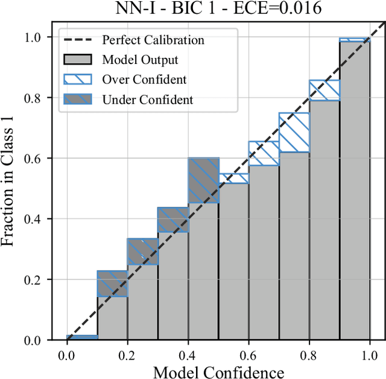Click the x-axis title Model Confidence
point(218,371)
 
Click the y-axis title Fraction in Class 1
point(8,181)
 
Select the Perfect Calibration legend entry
point(153,40)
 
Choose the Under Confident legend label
point(148,100)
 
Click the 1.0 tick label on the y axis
point(41,37)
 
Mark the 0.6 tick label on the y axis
point(41,159)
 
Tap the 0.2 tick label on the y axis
point(41,280)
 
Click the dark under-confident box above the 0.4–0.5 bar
point(203,180)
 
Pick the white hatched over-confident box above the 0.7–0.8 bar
point(294,132)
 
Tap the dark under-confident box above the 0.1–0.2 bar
point(112,284)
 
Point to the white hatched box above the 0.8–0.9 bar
point(324,91)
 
